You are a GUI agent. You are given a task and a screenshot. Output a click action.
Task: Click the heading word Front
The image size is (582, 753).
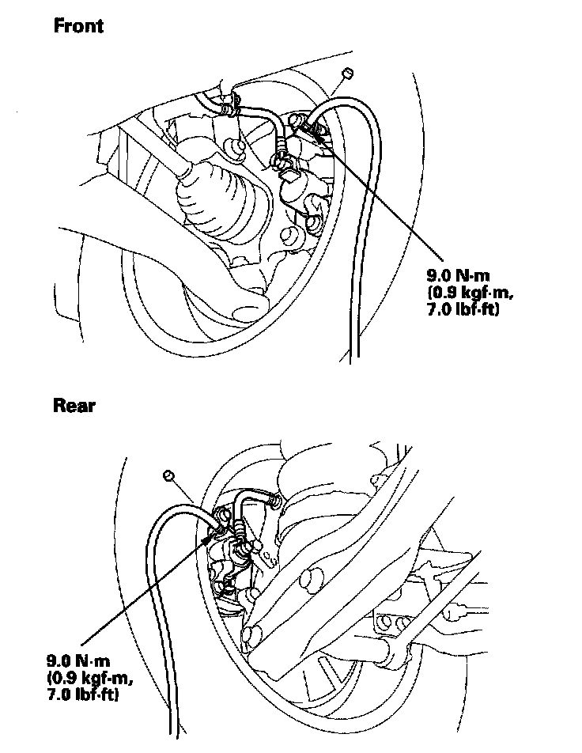(78, 25)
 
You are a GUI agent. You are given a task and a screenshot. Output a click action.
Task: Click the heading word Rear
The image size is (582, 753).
(74, 406)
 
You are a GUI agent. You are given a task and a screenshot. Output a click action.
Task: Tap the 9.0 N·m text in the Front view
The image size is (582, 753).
(458, 276)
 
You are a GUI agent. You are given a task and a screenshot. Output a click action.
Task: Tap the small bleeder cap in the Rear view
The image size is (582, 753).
(168, 475)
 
